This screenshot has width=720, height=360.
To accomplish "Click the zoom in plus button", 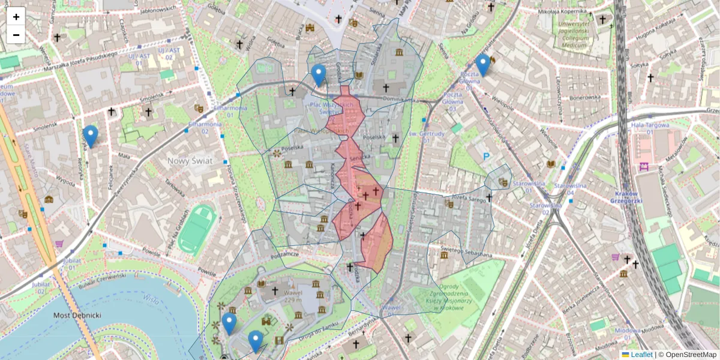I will (16, 16).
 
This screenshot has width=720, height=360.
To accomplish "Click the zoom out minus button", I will (16, 34).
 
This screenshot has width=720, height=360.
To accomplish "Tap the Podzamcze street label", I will (284, 255).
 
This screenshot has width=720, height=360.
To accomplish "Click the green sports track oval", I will (197, 229).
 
